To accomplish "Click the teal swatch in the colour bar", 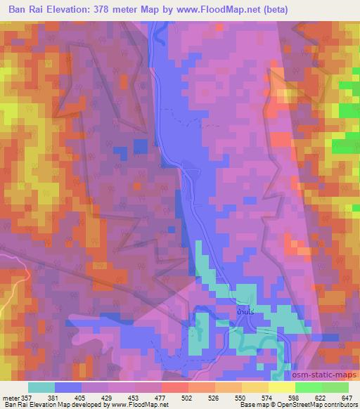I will click(41, 388).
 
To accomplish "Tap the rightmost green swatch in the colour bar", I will click(335, 388).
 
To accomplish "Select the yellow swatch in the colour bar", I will click(282, 388).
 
